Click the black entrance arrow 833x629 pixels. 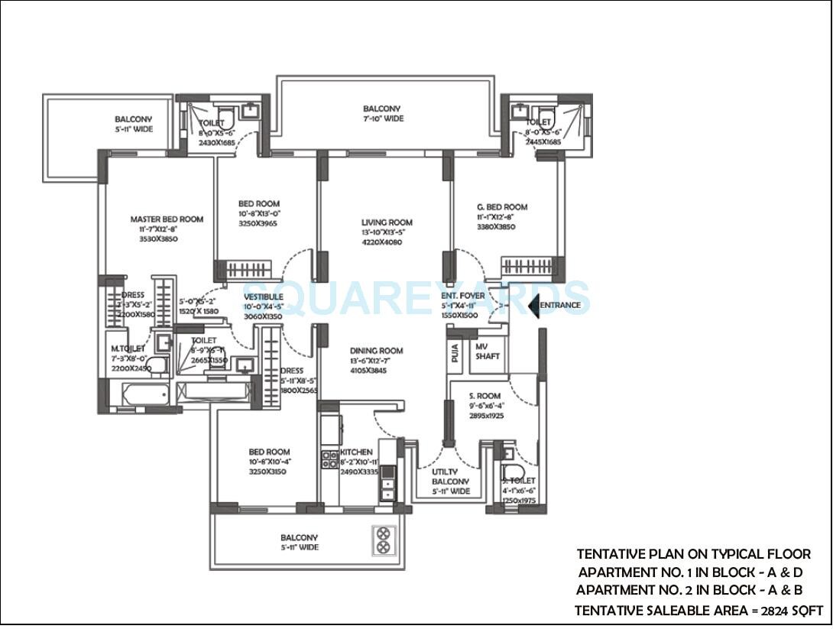pyautogui.click(x=534, y=306)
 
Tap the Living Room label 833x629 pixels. pyautogui.click(x=387, y=222)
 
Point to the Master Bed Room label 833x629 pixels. pyautogui.click(x=167, y=219)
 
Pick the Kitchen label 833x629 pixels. pyautogui.click(x=357, y=452)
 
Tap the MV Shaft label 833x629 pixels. pyautogui.click(x=487, y=352)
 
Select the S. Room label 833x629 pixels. pyautogui.click(x=485, y=396)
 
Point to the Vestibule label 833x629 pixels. pyautogui.click(x=264, y=297)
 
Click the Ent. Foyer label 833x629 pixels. pyautogui.click(x=462, y=296)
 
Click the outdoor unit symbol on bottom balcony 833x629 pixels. pyautogui.click(x=381, y=541)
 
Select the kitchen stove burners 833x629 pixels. pyautogui.click(x=329, y=459)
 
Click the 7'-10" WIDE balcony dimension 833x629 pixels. pyautogui.click(x=383, y=119)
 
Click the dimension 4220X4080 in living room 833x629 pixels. pyautogui.click(x=381, y=242)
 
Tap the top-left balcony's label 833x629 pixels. pyautogui.click(x=134, y=119)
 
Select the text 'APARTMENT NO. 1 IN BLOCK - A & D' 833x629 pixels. pyautogui.click(x=691, y=572)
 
